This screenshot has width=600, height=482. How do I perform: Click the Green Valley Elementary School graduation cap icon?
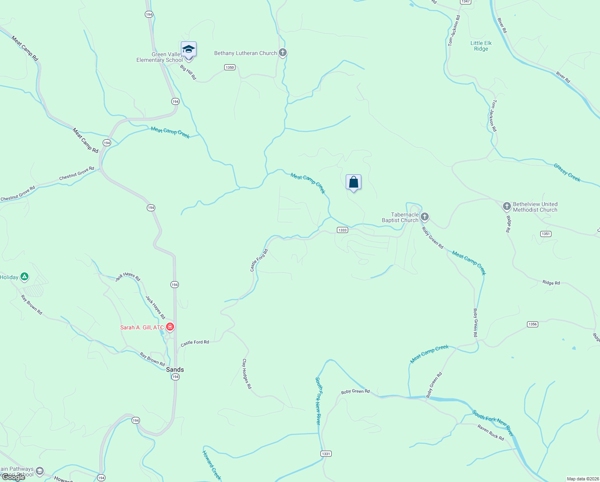189,49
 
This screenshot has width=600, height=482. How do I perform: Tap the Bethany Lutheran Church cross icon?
283,53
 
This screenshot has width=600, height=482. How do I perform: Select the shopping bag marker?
353,182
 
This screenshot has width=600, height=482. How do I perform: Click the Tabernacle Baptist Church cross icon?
425,217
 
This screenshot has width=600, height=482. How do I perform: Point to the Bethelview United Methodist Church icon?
507,206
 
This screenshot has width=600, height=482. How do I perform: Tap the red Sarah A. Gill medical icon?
170,327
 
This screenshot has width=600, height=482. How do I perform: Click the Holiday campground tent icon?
24,276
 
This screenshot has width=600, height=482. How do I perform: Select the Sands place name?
175,370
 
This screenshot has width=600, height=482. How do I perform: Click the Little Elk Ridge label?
481,46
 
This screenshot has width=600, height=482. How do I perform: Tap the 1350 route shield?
230,67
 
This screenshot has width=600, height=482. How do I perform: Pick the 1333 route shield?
342,230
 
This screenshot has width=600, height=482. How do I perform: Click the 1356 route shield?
532,324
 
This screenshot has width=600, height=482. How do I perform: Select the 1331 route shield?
326,454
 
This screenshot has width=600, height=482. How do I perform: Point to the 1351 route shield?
545,234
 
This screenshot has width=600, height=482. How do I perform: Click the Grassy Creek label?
567,172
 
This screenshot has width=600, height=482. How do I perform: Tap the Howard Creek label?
211,465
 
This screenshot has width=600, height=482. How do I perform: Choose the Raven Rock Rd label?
491,433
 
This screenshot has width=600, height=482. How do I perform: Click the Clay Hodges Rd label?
247,374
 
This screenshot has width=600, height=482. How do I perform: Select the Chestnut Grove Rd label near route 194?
77,174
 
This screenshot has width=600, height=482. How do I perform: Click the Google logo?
14,477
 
